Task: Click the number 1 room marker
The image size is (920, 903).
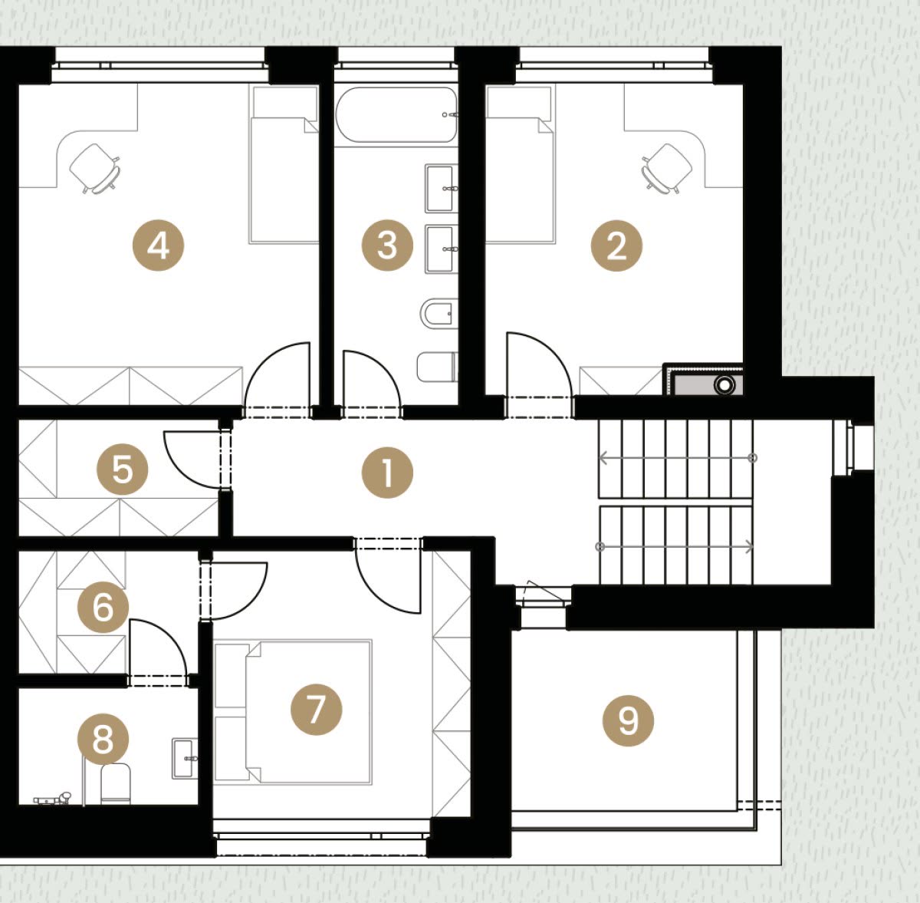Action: pyautogui.click(x=387, y=473)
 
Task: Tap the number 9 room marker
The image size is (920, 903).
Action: pyautogui.click(x=629, y=721)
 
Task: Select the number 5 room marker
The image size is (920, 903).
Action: pyautogui.click(x=122, y=470)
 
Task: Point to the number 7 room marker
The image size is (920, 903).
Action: pyautogui.click(x=316, y=709)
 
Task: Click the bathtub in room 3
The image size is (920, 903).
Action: pyautogui.click(x=396, y=114)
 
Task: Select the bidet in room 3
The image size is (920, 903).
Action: pyautogui.click(x=439, y=314)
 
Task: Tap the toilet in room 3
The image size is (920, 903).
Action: pyautogui.click(x=437, y=367)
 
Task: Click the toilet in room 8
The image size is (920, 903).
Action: pyautogui.click(x=116, y=783)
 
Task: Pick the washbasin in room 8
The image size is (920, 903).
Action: pyautogui.click(x=185, y=758)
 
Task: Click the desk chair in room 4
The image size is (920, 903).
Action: pyautogui.click(x=95, y=168)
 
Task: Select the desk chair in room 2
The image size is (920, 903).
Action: pyautogui.click(x=667, y=168)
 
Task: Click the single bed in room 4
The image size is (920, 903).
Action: pyautogui.click(x=284, y=164)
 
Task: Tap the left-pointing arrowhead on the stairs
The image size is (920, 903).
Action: pyautogui.click(x=603, y=458)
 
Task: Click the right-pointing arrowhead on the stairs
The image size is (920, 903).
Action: pyautogui.click(x=749, y=546)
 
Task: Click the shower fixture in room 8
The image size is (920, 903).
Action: pyautogui.click(x=53, y=799)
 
